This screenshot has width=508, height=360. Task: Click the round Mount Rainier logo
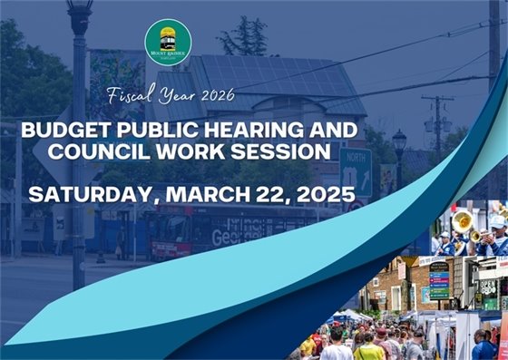168,42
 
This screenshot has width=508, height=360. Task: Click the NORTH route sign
355,171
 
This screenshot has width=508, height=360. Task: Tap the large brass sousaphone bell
463,220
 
